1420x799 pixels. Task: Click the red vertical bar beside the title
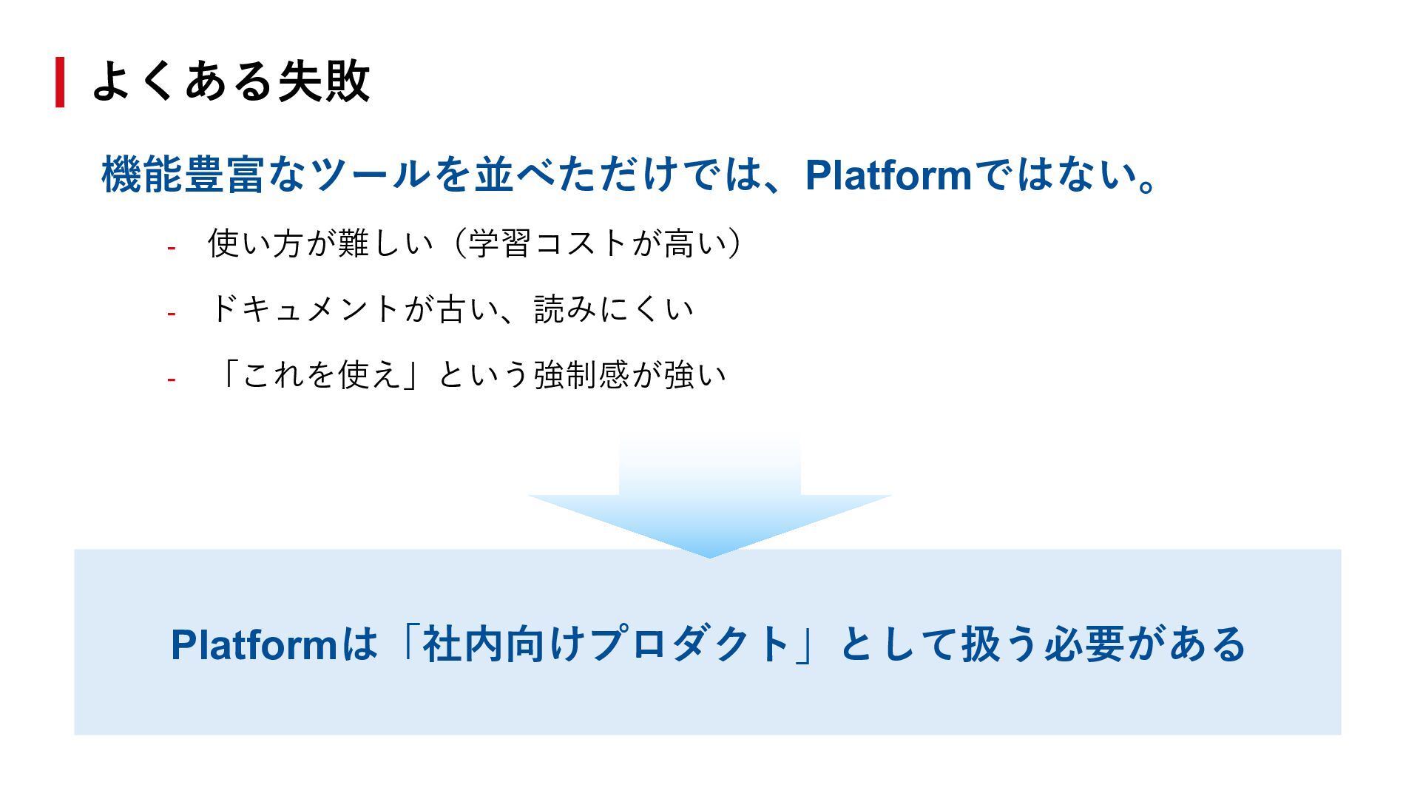click(60, 82)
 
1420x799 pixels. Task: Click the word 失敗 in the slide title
click(323, 81)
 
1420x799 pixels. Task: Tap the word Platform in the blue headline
click(887, 175)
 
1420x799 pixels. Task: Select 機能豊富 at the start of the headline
click(183, 175)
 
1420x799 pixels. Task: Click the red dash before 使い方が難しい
click(171, 248)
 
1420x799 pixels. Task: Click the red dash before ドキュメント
click(171, 314)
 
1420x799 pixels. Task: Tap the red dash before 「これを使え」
click(171, 380)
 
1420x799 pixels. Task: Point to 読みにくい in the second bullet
click(614, 309)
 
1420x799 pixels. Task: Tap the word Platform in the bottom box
click(254, 644)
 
